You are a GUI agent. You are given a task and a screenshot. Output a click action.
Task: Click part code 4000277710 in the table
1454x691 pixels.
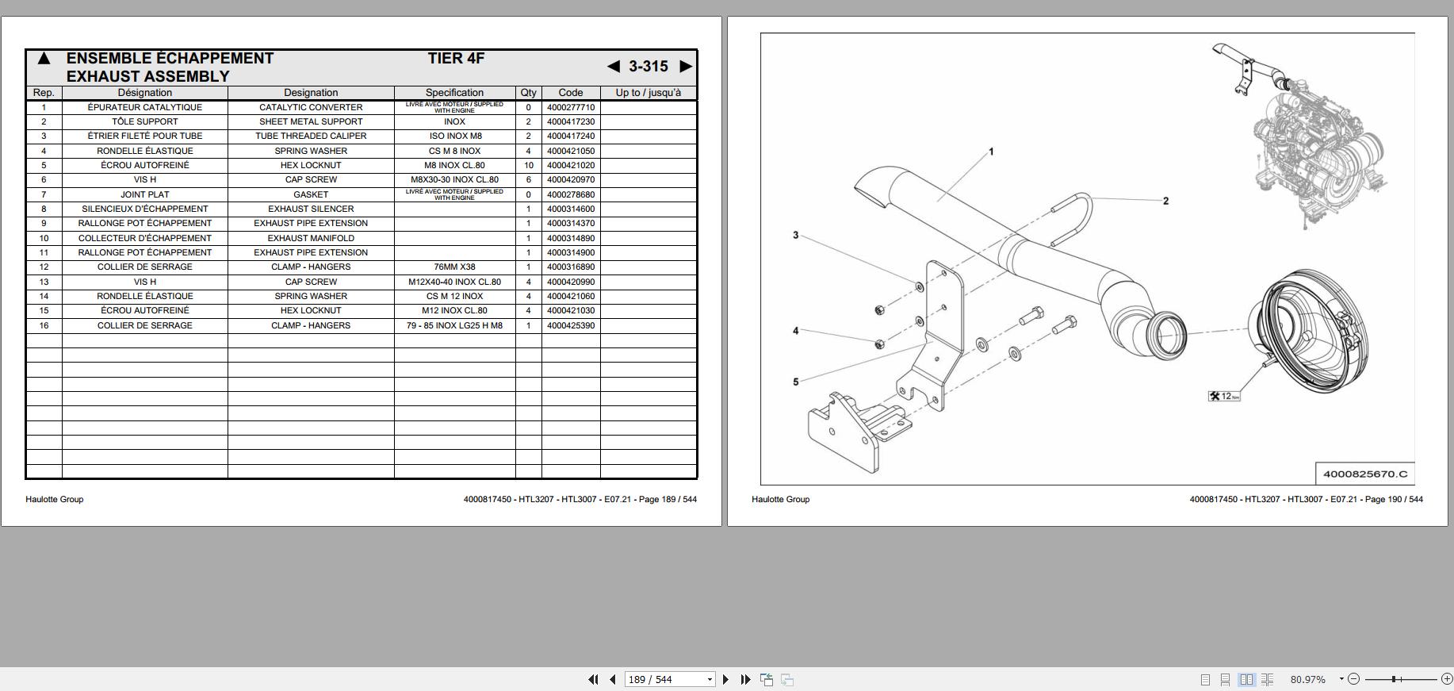point(570,107)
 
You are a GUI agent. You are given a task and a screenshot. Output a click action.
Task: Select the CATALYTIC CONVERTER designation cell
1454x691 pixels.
point(311,107)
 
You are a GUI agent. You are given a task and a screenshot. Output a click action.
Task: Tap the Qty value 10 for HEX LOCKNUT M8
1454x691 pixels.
point(528,165)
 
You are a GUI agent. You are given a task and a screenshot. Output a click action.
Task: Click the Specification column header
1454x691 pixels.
point(454,93)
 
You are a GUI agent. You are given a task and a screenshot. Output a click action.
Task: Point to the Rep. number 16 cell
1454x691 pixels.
point(44,325)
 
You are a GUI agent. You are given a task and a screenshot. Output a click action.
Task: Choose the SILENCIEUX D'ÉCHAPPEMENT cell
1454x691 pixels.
point(145,209)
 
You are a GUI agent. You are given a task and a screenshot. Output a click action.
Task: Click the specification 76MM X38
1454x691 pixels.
point(454,267)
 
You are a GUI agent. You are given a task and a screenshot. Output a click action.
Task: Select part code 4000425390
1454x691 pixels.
point(570,325)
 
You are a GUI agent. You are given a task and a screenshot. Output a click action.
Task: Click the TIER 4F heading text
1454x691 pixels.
point(456,58)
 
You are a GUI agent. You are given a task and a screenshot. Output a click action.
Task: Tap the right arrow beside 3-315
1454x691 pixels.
point(686,67)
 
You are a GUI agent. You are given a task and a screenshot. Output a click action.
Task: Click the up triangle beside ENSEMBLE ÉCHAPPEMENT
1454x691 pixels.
point(44,59)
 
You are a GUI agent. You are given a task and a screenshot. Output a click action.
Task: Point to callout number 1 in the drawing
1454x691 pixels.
point(991,152)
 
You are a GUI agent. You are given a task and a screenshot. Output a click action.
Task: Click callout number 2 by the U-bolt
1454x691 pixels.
point(1165,201)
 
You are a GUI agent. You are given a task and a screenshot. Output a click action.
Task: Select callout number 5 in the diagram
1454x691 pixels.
point(796,382)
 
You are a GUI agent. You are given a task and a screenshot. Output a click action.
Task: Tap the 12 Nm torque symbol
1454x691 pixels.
point(1224,396)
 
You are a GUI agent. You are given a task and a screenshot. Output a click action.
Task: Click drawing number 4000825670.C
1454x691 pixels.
point(1365,474)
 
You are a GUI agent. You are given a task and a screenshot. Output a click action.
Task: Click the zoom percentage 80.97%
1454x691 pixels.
point(1307,679)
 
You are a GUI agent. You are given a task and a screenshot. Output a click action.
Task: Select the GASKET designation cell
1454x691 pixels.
point(311,194)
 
